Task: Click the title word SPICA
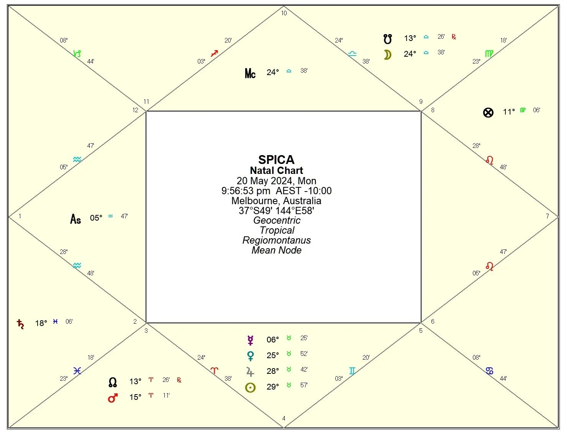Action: point(276,159)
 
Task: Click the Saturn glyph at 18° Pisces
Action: point(20,324)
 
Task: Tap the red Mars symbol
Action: point(112,398)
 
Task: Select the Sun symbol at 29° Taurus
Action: point(250,388)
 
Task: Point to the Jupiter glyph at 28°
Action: point(250,372)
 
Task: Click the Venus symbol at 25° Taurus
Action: point(250,356)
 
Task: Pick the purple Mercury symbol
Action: point(250,340)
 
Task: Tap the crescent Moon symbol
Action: point(388,55)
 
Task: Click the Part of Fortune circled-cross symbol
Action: point(488,113)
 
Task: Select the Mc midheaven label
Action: point(250,73)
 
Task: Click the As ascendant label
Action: point(75,219)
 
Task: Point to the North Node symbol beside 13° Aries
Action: point(112,382)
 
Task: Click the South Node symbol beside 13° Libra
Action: point(388,39)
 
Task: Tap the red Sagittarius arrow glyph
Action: point(214,53)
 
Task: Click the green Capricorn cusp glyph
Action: point(77,54)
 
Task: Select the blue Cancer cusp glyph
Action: point(489,371)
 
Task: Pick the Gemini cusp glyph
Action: point(352,371)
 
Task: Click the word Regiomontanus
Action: point(276,240)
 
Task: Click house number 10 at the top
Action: point(284,13)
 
